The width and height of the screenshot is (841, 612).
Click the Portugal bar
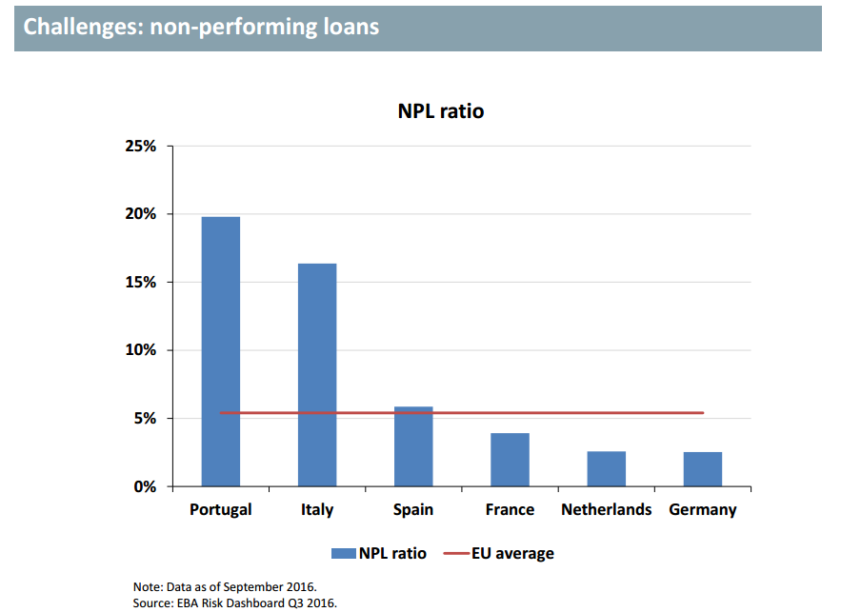[x=221, y=351]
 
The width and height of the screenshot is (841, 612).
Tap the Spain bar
[x=413, y=446]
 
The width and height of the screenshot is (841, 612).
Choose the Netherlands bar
[x=607, y=468]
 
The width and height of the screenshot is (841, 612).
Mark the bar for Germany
[x=703, y=469]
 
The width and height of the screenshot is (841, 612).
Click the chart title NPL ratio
[x=441, y=111]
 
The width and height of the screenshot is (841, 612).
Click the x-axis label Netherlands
[x=607, y=509]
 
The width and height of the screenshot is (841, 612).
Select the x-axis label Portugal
[x=221, y=509]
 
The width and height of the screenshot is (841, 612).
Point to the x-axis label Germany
[x=703, y=509]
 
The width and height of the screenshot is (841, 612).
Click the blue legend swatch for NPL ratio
[x=342, y=553]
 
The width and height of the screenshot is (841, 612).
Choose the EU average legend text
[x=512, y=553]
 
